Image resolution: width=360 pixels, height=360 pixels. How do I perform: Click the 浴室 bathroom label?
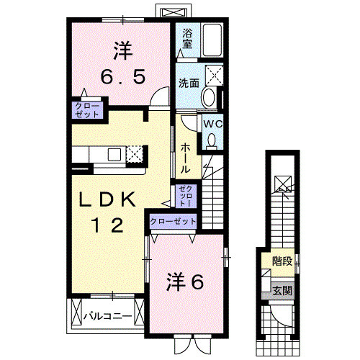187,37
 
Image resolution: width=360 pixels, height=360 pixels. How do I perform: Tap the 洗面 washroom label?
189,83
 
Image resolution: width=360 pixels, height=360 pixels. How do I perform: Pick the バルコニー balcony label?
105,315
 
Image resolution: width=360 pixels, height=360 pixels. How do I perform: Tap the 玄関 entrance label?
282,291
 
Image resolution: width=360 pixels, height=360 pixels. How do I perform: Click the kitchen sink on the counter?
114,153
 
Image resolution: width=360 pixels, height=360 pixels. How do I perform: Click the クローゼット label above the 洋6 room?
173,221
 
